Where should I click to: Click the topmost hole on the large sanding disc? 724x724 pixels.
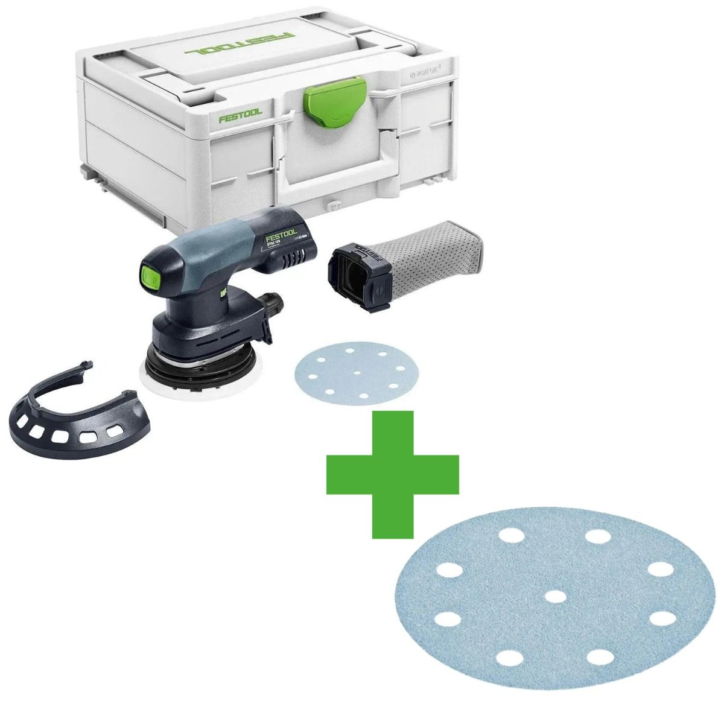coord(597,536)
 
